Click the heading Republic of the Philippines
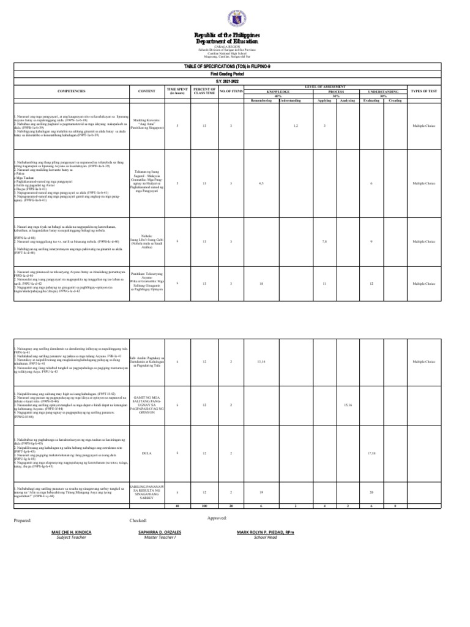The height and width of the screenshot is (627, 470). [236, 36]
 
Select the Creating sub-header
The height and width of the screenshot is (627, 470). [395, 99]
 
